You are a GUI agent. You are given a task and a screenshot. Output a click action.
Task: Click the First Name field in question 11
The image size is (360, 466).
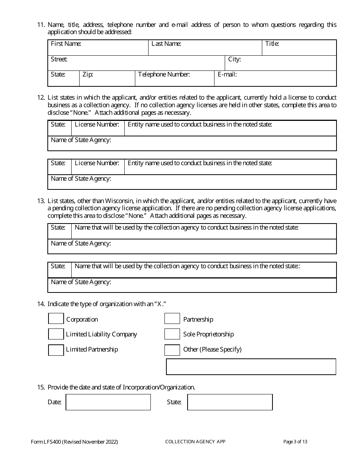[x=98, y=48]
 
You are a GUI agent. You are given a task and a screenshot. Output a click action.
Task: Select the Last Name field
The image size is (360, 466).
[x=205, y=48]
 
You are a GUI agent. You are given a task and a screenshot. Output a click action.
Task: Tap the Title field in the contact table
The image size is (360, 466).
[x=299, y=48]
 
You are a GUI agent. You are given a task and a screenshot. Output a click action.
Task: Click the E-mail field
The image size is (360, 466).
[x=275, y=78]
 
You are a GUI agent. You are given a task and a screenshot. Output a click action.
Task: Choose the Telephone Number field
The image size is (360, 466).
[x=175, y=78]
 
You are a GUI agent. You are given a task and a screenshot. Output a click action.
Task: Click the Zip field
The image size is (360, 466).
[x=107, y=78]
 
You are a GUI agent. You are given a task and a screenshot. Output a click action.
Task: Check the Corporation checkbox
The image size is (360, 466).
[x=56, y=319]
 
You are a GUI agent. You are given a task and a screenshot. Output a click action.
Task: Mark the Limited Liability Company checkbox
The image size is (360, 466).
[x=56, y=334]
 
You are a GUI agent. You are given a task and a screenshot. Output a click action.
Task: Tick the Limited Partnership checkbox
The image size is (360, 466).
[x=56, y=350]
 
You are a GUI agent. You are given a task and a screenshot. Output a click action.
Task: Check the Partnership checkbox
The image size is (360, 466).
[x=172, y=319]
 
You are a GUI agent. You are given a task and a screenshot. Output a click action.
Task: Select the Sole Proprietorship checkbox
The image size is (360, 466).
[x=172, y=334]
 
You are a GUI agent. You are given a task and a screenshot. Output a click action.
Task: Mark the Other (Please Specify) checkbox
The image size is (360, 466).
[x=172, y=350]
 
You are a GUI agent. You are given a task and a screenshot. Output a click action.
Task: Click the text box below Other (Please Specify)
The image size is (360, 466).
[x=251, y=367]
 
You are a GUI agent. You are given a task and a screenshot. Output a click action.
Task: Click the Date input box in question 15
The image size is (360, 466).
[x=108, y=402]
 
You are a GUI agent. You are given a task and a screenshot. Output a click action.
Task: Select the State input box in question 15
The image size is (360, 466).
[x=230, y=402]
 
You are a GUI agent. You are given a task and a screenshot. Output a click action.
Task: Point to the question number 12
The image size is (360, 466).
[x=41, y=98]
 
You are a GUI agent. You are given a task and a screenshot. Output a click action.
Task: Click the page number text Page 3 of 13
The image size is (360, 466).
[x=295, y=442]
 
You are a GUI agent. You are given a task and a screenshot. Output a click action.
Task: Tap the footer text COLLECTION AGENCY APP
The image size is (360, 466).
[x=195, y=442]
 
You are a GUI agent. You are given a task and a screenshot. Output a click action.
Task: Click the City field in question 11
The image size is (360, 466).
[x=281, y=63]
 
